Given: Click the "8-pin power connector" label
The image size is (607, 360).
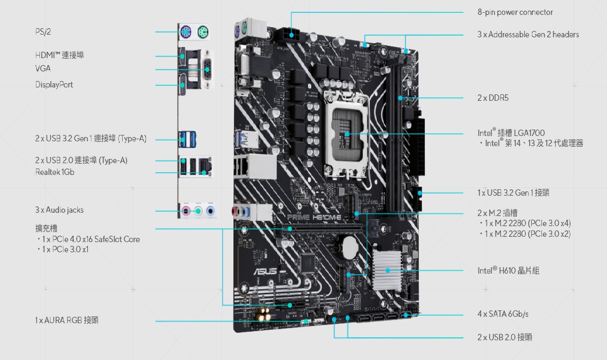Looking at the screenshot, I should coord(515,12).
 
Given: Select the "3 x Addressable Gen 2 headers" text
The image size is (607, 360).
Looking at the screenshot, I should coord(528,35).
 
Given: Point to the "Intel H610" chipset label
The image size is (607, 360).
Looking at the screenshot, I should coord(508,271).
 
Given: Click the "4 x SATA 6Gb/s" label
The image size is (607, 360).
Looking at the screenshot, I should coord(503,314).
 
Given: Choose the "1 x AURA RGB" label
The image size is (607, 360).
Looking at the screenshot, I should coord(67,320).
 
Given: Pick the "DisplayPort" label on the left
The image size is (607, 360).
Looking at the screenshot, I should coord(54,85).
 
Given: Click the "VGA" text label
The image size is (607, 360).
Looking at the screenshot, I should coord(43,69).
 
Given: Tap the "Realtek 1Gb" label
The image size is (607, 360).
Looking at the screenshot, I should coord(55,172).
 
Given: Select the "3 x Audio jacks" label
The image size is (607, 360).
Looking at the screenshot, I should coord(59,210).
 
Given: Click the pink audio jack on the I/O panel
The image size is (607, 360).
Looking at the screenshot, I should coord(185,211).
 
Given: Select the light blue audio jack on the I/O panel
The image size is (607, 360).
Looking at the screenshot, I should coord(211,211).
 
